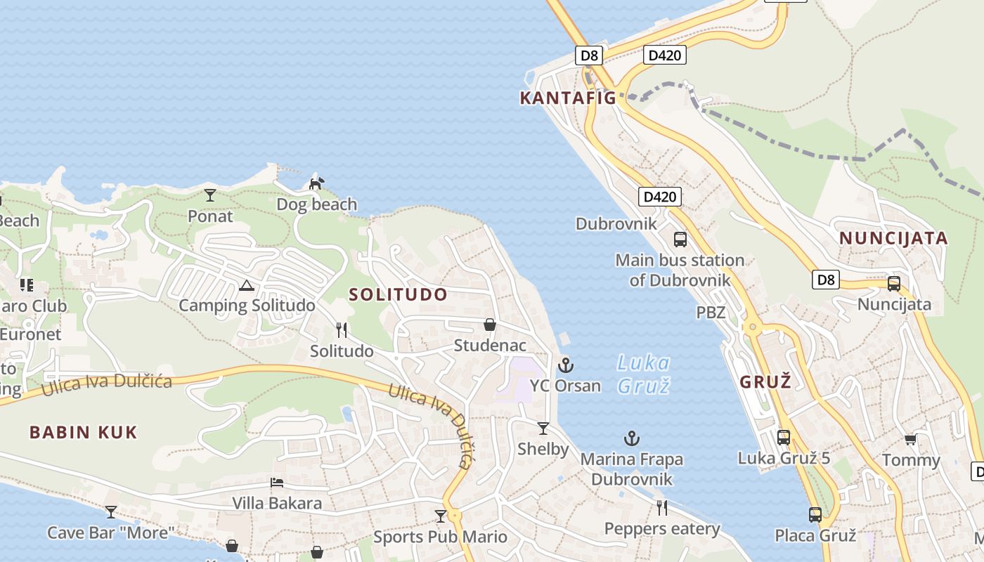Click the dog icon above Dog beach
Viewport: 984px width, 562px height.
pos(317,183)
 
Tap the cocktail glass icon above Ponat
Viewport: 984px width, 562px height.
pos(210,195)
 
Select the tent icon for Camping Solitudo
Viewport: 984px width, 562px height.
pos(246,285)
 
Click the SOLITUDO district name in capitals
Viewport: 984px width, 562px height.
pos(398,294)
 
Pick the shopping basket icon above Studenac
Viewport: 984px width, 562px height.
pos(490,325)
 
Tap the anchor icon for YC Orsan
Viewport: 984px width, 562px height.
pos(566,365)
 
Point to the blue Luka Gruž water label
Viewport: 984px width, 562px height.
pos(643,374)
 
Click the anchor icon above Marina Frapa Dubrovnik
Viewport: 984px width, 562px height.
pos(632,439)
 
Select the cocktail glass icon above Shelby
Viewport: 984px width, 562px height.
pos(543,428)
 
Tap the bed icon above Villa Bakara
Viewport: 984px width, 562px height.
pos(277,483)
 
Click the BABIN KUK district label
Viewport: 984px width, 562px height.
pos(83,432)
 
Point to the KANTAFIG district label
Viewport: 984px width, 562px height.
pos(567,98)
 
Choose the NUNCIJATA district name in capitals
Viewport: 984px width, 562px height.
pos(893,238)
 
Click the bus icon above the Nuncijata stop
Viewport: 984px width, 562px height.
pos(894,284)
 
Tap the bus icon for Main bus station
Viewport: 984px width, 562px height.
pos(680,239)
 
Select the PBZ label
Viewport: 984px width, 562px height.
pos(711,313)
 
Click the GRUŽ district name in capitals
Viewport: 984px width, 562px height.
pos(765,382)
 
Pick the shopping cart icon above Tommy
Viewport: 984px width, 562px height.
pos(911,440)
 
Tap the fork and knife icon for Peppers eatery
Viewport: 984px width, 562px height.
pos(661,507)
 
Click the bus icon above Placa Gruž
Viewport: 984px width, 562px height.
pos(815,514)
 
